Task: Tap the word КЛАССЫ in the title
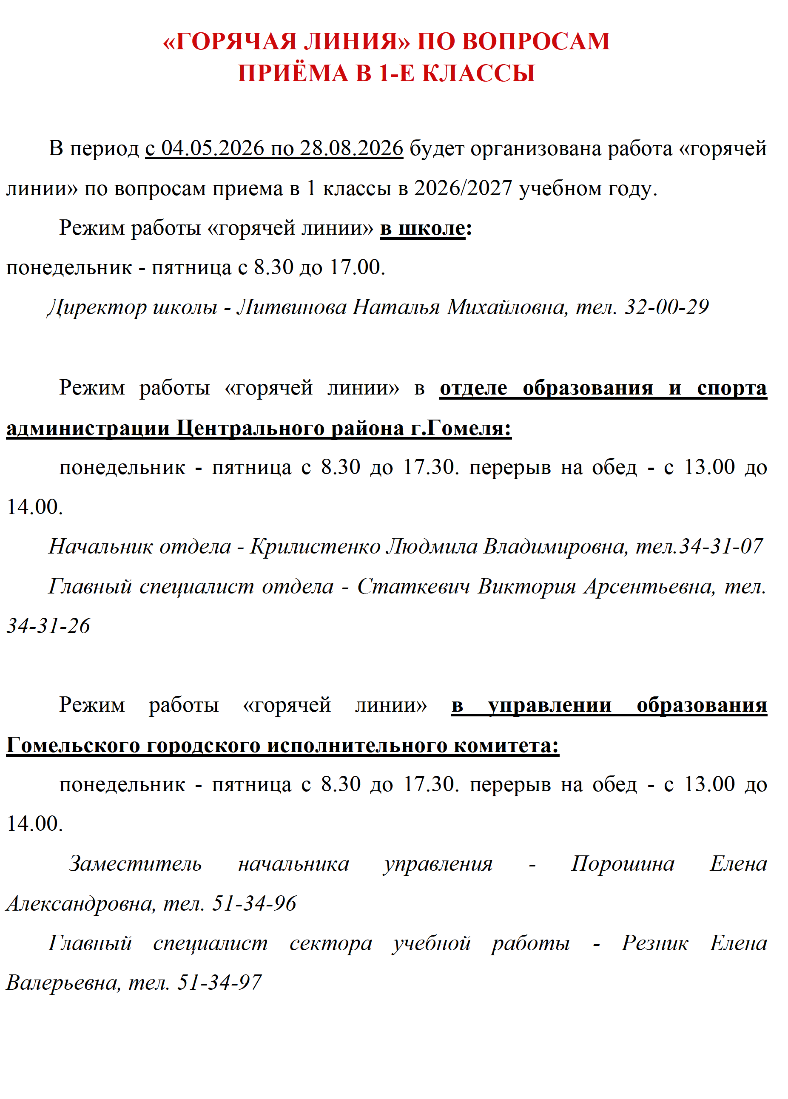(x=479, y=74)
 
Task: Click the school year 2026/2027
(x=463, y=188)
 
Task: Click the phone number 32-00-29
(x=666, y=307)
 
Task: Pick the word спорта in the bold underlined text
(x=731, y=388)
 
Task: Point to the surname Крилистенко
(x=315, y=547)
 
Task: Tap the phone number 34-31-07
(x=721, y=547)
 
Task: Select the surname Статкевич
(x=413, y=587)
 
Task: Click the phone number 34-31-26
(x=48, y=627)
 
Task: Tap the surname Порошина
(x=622, y=864)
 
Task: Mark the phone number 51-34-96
(x=254, y=904)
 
